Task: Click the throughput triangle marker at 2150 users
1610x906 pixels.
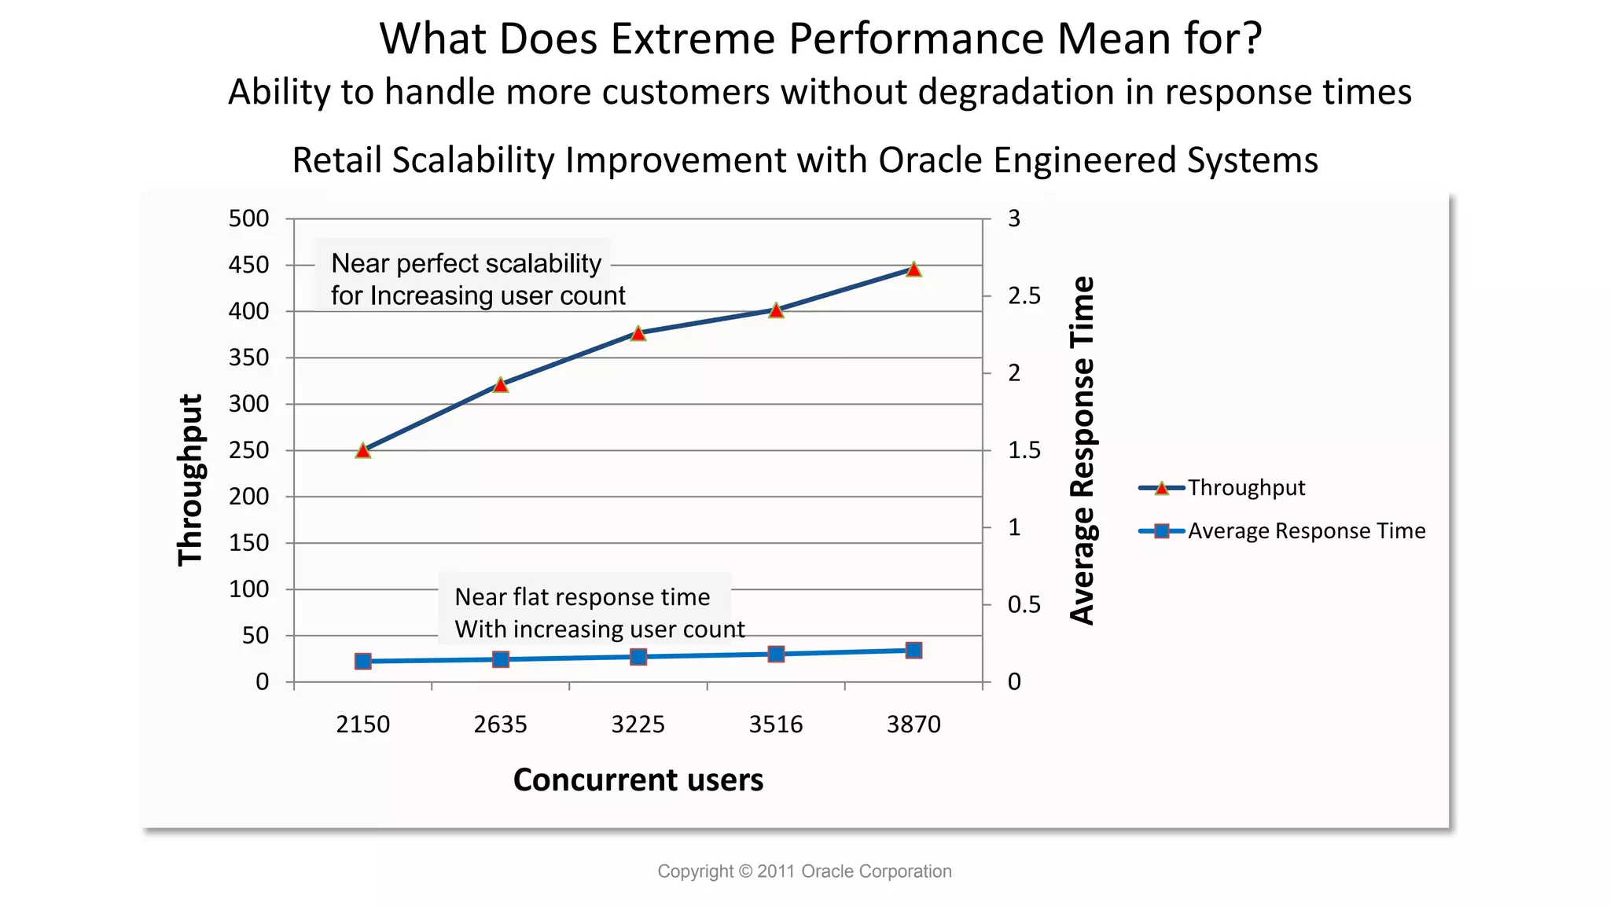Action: coord(362,451)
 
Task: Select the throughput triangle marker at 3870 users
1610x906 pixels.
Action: coord(913,270)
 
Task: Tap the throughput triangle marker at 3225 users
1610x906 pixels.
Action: coord(638,334)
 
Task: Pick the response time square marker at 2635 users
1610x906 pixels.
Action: coord(501,659)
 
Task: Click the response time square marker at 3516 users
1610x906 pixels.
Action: coord(776,654)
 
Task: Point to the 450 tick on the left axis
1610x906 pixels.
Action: coord(248,265)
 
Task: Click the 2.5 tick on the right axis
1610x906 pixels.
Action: coord(1024,296)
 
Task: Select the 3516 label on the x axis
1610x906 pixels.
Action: coord(776,724)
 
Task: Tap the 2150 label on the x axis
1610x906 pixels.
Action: coord(362,724)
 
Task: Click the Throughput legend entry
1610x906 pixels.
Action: coord(1245,488)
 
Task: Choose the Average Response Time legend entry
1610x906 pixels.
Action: coord(1306,531)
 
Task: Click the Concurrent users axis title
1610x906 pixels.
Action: coord(638,780)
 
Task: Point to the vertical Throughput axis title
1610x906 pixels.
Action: coord(190,479)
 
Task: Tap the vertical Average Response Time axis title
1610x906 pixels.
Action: coord(1083,450)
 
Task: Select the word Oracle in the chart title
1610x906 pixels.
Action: coord(929,160)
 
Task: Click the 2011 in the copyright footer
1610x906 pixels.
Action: coord(776,871)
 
